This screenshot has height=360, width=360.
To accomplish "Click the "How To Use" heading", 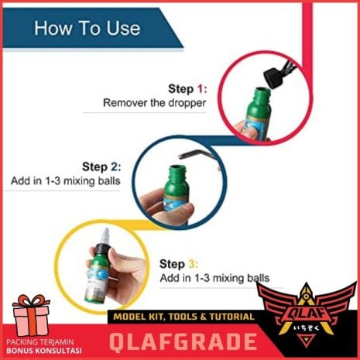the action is [87, 28].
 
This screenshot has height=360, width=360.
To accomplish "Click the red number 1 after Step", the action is [201, 89].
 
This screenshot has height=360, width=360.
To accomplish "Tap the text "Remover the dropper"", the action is [154, 103].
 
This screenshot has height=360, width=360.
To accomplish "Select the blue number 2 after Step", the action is [114, 166].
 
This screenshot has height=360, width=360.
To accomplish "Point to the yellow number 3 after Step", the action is [192, 264].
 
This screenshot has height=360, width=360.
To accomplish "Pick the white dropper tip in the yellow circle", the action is [105, 236].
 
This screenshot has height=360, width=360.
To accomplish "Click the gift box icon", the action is [31, 315].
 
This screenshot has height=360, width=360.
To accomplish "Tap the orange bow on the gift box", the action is [32, 303].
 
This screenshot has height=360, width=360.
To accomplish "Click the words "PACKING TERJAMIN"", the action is [40, 342].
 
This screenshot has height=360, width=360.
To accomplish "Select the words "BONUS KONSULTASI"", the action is [44, 351].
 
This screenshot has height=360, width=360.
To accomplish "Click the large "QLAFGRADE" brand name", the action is [183, 342].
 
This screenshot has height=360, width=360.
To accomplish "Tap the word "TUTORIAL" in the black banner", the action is [231, 317].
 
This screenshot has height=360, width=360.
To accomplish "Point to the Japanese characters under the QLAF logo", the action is [307, 328].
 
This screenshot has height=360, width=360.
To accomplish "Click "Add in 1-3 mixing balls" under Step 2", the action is [66, 180].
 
